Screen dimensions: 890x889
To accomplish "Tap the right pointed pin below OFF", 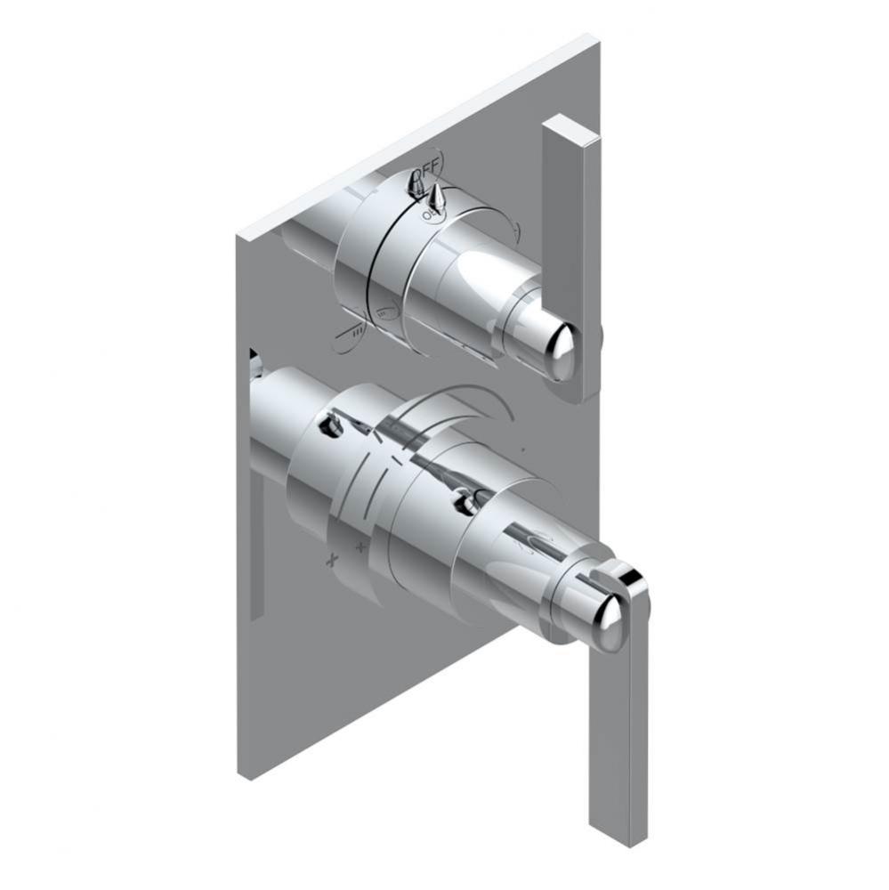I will [437, 197].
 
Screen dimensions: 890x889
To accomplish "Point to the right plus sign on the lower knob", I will [361, 545].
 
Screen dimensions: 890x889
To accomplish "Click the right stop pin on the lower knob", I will [465, 504].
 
